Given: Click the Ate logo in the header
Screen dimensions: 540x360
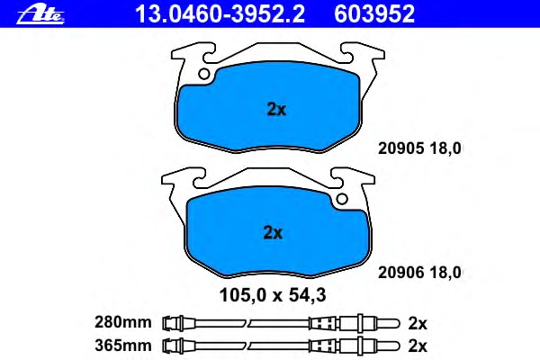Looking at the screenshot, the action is pyautogui.click(x=40, y=15).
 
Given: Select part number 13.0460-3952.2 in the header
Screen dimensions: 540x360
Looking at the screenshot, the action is pyautogui.click(x=220, y=14).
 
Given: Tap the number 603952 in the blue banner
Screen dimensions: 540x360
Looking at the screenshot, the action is pyautogui.click(x=374, y=14).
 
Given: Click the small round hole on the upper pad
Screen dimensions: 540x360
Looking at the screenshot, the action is pyautogui.click(x=204, y=74).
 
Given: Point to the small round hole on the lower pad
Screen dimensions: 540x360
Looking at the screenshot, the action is pyautogui.click(x=342, y=199).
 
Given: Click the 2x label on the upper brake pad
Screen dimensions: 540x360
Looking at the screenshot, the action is pyautogui.click(x=276, y=110).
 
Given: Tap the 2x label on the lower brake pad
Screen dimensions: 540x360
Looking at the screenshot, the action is pyautogui.click(x=273, y=233).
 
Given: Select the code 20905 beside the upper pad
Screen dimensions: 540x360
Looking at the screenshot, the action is pyautogui.click(x=400, y=148).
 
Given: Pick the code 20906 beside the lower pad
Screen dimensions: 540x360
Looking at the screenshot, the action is pyautogui.click(x=400, y=273).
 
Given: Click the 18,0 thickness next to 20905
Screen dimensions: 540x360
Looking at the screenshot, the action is pyautogui.click(x=445, y=148).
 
